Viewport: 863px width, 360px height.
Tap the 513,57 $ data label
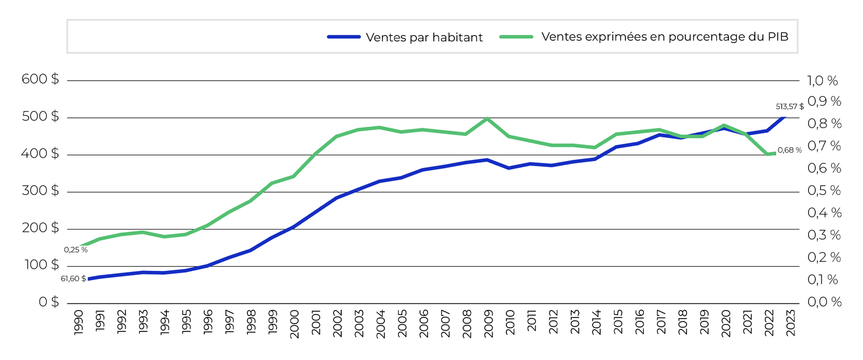pyautogui.click(x=790, y=106)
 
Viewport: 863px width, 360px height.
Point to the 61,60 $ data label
pyautogui.click(x=73, y=278)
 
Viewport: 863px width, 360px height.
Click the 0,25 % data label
pyautogui.click(x=76, y=250)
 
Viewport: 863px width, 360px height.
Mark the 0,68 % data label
pyautogui.click(x=789, y=150)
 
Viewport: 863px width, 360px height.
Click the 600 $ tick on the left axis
pyautogui.click(x=40, y=80)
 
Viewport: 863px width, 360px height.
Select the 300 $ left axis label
pyautogui.click(x=40, y=192)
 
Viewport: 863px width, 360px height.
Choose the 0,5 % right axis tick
pyautogui.click(x=824, y=191)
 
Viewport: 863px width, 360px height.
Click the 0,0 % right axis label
pyautogui.click(x=824, y=302)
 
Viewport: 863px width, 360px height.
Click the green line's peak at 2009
pyautogui.click(x=487, y=118)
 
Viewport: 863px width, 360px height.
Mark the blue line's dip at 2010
pyautogui.click(x=509, y=168)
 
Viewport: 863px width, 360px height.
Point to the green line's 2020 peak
pyautogui.click(x=724, y=125)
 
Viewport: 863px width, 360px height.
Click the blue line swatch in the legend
pyautogui.click(x=343, y=37)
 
